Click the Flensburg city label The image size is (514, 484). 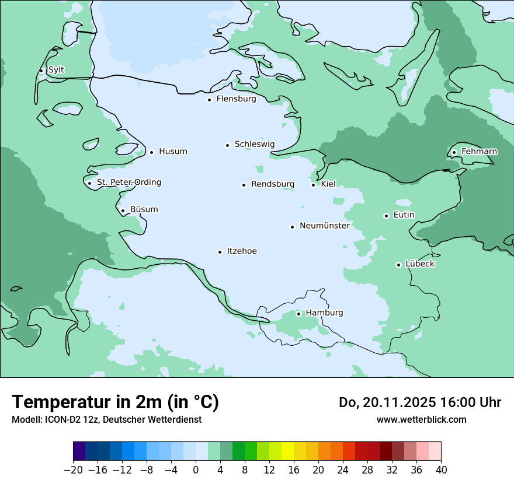[x=236, y=99]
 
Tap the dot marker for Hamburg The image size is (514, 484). [x=298, y=314]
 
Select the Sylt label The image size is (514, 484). [x=56, y=70]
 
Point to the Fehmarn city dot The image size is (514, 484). [x=454, y=153]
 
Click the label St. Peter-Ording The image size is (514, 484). [x=128, y=183]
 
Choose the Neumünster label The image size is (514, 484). [x=325, y=226]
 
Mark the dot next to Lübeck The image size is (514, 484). [x=398, y=265]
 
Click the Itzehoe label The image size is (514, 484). [x=242, y=251]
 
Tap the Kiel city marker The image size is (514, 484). [x=314, y=185]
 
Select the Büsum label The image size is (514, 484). [x=144, y=209]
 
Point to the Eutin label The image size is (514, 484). [x=404, y=215]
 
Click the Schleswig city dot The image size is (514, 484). [x=227, y=145]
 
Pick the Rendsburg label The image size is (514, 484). [x=273, y=184]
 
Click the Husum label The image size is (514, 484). [x=173, y=152]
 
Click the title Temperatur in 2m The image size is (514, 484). [x=115, y=402]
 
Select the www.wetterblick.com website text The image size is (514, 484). [x=421, y=419]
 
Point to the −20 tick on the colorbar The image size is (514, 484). [x=74, y=470]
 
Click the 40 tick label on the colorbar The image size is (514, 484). [x=441, y=470]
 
